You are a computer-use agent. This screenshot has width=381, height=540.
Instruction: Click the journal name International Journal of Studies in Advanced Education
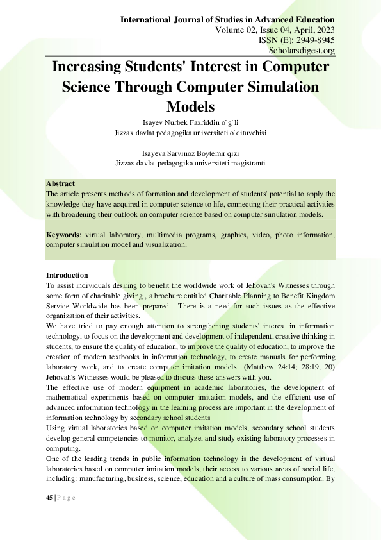228,20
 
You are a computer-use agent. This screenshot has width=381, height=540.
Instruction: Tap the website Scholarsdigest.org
304,51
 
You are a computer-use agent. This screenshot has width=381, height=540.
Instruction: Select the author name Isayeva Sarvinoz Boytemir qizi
190,153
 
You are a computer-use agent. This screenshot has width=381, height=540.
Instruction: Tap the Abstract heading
61,183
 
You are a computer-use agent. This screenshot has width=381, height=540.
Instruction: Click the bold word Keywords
64,235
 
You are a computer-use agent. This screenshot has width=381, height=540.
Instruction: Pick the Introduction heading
67,275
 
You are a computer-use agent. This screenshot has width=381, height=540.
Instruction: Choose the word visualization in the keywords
163,244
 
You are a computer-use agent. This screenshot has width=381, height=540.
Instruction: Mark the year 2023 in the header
323,30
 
